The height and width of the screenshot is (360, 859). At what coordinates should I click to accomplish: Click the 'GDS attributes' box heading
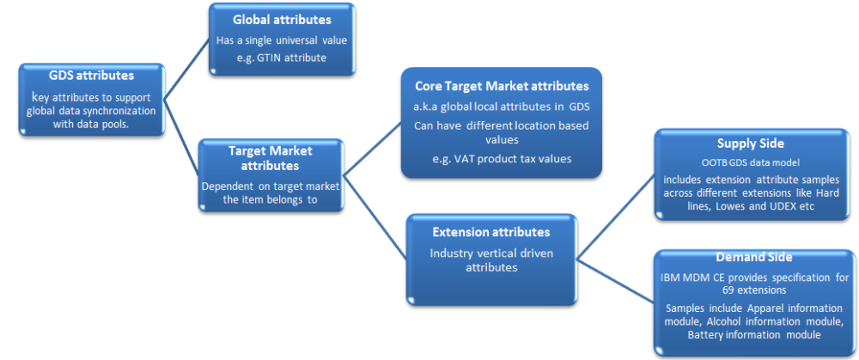(91, 75)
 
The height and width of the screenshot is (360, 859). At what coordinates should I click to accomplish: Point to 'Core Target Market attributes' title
(502, 87)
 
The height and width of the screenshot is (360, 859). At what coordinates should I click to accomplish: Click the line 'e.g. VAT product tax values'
(502, 158)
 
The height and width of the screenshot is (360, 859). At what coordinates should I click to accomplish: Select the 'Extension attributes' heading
(490, 232)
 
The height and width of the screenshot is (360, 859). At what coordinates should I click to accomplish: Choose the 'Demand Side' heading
(754, 257)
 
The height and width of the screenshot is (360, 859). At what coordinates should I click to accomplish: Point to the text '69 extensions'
(755, 291)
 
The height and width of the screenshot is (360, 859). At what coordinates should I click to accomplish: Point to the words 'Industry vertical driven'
(490, 253)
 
